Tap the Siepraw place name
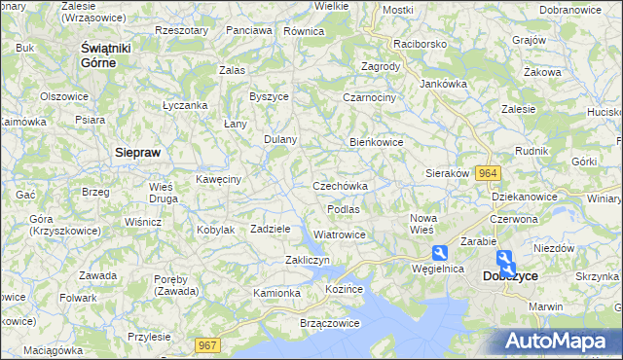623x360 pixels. pos(137,153)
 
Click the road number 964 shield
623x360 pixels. pos(490,172)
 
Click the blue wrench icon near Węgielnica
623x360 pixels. pos(440,251)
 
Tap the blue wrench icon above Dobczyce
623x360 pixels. pos(504,258)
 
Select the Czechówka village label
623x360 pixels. pos(340,186)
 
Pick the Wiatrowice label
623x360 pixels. pos(340,234)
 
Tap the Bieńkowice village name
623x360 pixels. pos(377,142)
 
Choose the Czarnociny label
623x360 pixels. pos(370,97)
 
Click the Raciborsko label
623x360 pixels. pos(420,45)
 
